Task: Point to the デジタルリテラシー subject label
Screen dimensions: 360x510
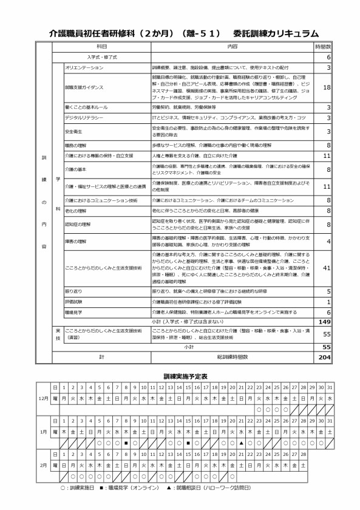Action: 83,117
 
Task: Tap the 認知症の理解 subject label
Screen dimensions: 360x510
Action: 77,224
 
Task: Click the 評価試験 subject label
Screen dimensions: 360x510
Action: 73,302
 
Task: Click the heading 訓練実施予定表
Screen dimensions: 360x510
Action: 180,376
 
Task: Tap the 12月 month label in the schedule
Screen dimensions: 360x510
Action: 41,392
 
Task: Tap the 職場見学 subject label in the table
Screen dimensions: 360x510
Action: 73,311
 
